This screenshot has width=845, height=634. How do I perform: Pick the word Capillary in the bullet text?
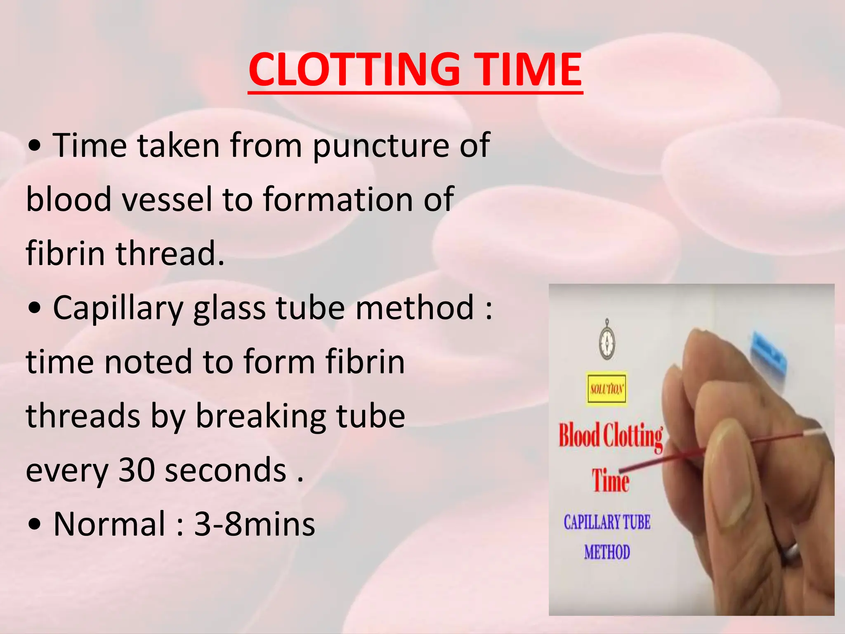118,308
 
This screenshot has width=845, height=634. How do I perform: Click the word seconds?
226,470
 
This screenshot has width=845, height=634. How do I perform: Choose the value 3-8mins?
255,524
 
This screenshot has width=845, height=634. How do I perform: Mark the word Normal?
109,524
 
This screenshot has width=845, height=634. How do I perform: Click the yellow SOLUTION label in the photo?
607,388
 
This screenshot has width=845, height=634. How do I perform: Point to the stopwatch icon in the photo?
607,339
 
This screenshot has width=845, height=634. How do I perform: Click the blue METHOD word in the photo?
607,552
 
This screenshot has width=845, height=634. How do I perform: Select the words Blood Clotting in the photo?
610,437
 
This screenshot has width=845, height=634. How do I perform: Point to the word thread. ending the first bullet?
170,253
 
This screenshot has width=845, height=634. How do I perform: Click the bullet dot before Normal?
36,525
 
